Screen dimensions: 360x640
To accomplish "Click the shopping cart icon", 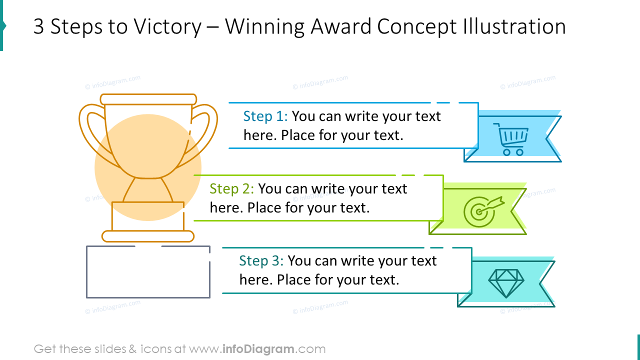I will tap(510, 139).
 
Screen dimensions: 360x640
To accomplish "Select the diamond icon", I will tap(505, 282).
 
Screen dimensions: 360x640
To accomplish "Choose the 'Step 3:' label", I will tap(261, 261).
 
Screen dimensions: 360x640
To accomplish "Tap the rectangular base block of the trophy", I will tap(148, 216).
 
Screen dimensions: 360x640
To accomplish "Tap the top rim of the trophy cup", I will tap(148, 99).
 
